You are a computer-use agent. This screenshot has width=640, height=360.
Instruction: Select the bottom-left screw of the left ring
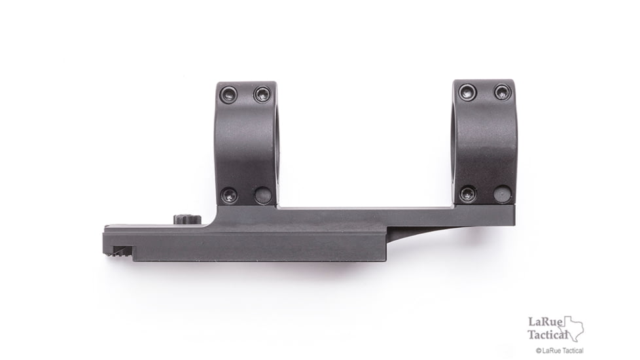click(228, 194)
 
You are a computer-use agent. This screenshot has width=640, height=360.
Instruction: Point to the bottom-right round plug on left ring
click(262, 195)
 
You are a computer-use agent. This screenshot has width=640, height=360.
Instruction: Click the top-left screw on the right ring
click(467, 92)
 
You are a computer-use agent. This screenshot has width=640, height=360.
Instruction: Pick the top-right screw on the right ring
click(502, 92)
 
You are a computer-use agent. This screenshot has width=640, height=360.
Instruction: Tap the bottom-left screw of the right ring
click(467, 194)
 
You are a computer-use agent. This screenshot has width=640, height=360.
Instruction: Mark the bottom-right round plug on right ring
click(502, 194)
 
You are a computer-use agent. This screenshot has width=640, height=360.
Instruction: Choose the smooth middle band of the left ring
click(245, 144)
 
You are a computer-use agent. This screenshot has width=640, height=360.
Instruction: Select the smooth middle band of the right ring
click(484, 143)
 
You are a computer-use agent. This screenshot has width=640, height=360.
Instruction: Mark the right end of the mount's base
click(510, 216)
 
